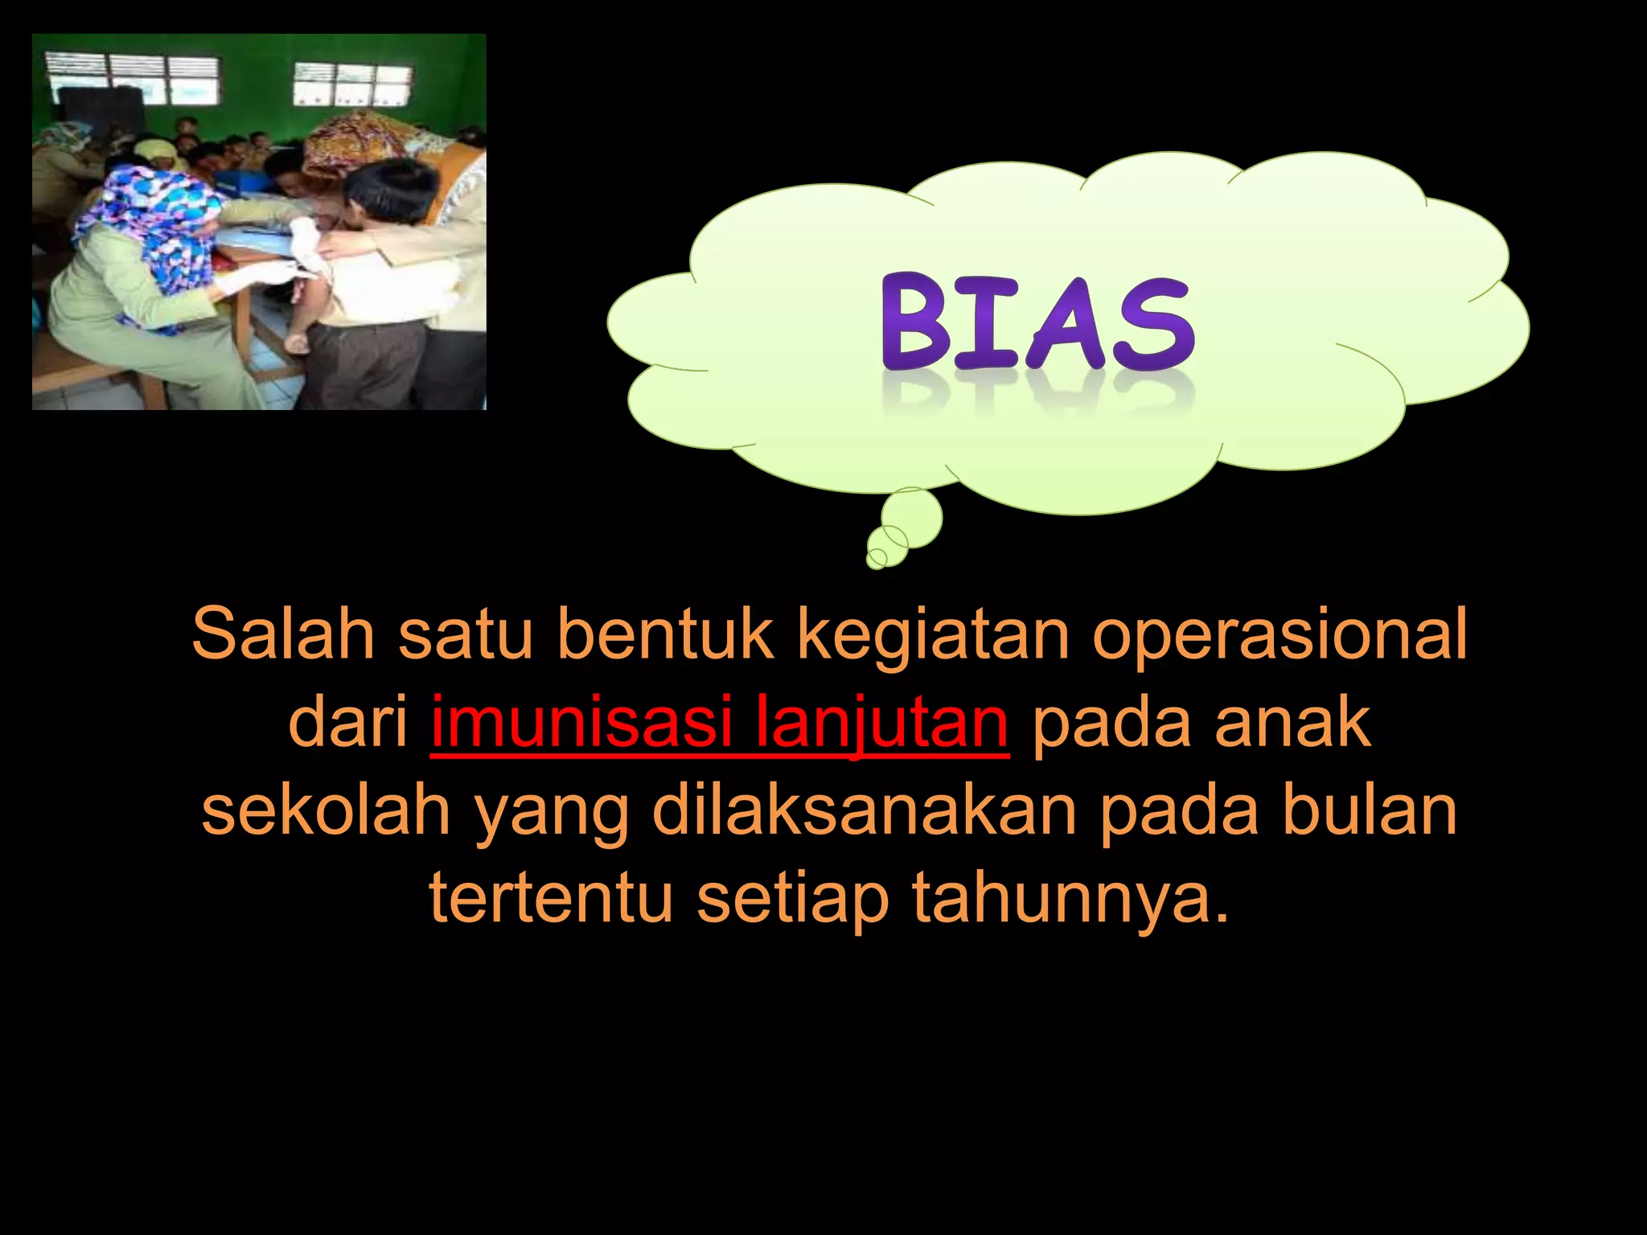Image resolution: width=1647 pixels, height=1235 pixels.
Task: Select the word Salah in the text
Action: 283,634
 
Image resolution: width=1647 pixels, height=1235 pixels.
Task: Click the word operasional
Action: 1279,635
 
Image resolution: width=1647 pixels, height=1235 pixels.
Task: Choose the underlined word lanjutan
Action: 881,724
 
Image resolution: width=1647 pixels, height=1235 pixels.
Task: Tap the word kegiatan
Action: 932,635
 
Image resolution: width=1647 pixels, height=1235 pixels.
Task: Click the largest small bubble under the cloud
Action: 912,516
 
